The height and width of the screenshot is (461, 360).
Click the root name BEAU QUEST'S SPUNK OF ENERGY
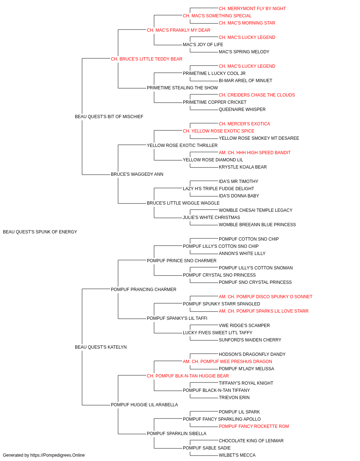(40, 232)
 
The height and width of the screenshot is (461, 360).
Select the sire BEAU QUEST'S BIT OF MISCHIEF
(109, 117)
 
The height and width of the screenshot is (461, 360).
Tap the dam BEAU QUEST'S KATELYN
(101, 347)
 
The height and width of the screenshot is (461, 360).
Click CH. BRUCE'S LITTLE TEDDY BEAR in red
(147, 59)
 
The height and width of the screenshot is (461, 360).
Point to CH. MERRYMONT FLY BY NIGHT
(252, 9)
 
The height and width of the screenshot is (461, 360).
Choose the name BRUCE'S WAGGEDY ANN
(137, 174)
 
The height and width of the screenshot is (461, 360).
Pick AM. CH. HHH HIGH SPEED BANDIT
(255, 153)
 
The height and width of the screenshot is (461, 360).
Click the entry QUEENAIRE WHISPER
(242, 109)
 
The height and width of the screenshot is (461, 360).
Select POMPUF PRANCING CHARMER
(144, 290)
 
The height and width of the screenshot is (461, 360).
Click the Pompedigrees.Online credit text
(44, 455)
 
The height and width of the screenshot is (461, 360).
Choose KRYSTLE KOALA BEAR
(243, 167)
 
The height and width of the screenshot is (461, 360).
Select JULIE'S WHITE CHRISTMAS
(211, 218)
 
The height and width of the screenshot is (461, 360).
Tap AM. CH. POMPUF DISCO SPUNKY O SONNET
(265, 297)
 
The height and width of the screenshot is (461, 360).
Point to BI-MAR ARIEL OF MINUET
(245, 81)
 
